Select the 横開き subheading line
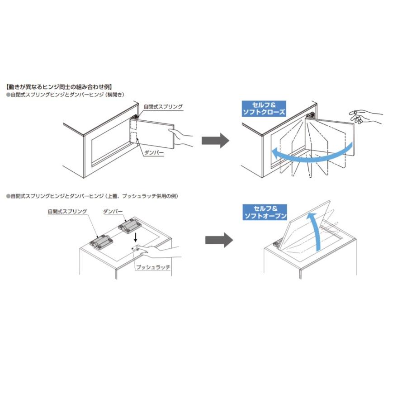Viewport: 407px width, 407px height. (65, 94)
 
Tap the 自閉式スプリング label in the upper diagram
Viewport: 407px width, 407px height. (163, 107)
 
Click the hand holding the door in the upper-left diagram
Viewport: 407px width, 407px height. (183, 137)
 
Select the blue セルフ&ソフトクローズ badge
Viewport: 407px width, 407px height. (265, 109)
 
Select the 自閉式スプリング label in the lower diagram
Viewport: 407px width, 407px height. (67, 211)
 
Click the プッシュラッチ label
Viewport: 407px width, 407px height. (153, 267)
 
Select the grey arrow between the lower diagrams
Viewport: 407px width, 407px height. (219, 240)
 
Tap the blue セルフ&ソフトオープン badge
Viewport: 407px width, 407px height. (265, 213)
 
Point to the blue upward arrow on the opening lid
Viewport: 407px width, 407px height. (314, 231)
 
